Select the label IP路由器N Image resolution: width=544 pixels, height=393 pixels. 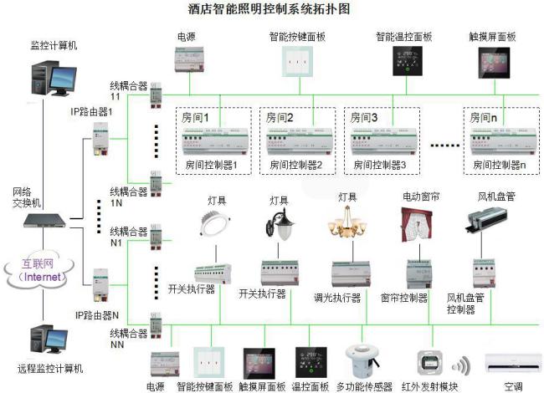click(92, 314)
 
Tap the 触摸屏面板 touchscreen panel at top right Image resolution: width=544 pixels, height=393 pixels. click(491, 63)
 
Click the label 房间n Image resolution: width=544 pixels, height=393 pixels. click(483, 118)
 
